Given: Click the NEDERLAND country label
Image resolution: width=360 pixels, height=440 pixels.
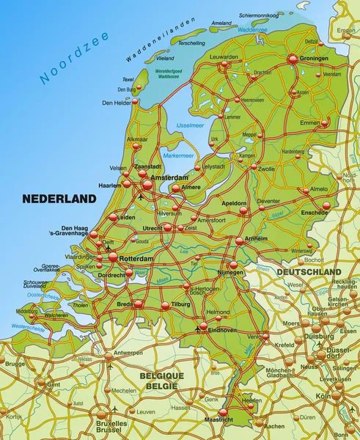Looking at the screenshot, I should pyautogui.click(x=59, y=199).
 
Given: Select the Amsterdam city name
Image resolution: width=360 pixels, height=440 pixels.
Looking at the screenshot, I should pyautogui.click(x=169, y=178).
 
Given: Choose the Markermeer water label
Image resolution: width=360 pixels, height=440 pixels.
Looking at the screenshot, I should pyautogui.click(x=178, y=155).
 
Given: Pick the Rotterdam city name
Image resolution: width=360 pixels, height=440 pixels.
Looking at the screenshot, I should pyautogui.click(x=136, y=260).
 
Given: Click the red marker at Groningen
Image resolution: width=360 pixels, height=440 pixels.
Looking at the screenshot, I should pyautogui.click(x=293, y=58).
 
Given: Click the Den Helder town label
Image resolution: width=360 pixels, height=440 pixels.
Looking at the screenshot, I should pyautogui.click(x=117, y=103).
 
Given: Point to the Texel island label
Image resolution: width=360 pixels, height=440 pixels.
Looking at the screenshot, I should pyautogui.click(x=128, y=79).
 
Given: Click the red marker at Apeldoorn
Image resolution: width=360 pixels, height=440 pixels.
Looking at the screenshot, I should pyautogui.click(x=243, y=210).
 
